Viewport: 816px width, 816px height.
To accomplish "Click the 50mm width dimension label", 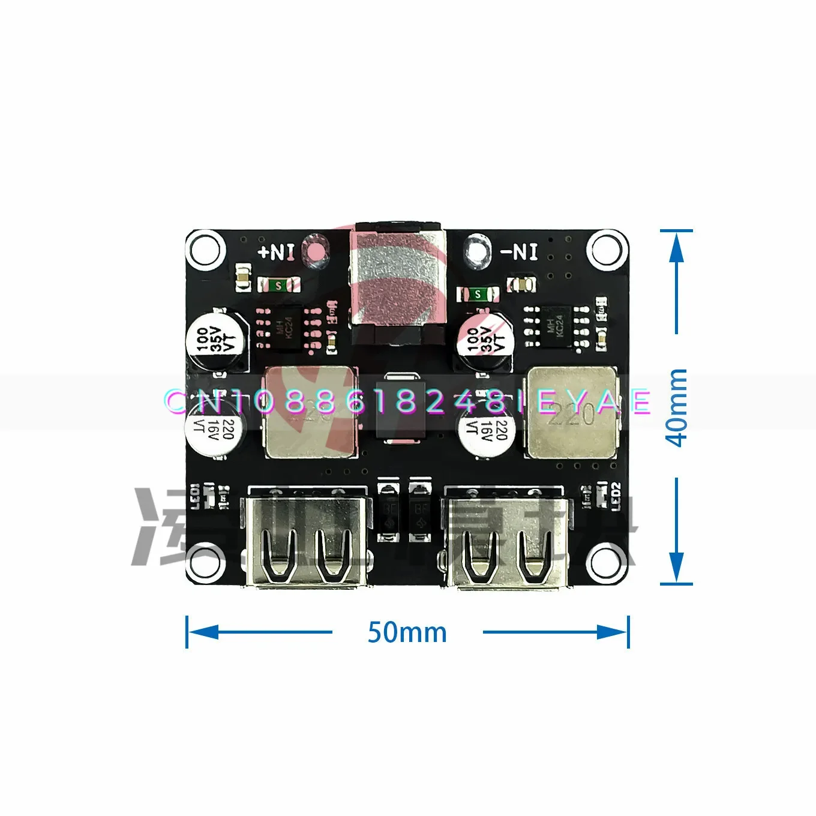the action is pos(407,632).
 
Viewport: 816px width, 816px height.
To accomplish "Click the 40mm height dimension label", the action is pos(677,408).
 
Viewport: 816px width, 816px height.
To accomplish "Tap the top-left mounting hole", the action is pos(205,248).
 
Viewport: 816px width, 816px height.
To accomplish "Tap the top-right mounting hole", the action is pos(607,248).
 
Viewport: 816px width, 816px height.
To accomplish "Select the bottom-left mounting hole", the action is pos(205,562).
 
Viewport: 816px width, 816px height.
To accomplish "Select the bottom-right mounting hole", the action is pos(607,562).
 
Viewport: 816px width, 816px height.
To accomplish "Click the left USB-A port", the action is pos(308,536).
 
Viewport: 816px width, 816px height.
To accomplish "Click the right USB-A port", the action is pos(508,536).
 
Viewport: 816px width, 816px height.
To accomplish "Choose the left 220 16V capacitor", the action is pos(214,427).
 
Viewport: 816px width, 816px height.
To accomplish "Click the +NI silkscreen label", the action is pos(276,251).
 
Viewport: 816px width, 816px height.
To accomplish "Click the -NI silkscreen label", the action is pos(520,251).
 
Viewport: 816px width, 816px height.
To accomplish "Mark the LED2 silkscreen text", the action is pos(616,496).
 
